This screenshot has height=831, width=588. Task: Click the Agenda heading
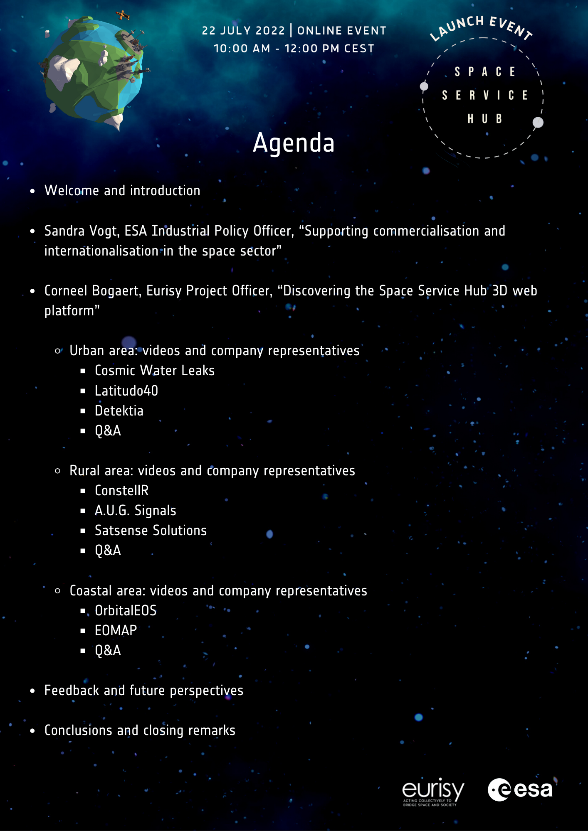pos(294,143)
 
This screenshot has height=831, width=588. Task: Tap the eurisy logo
pos(432,792)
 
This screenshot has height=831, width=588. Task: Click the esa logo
pos(520,789)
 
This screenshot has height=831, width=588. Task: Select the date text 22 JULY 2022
pos(243,31)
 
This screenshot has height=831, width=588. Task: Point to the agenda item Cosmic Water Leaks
pos(155,371)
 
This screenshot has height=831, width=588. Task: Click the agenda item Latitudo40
pos(126,391)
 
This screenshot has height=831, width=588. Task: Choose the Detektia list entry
pos(119,411)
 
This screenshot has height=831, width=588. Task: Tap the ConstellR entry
pos(121,491)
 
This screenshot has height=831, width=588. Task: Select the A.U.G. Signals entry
pos(135,511)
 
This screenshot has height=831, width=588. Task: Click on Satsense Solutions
pos(151,531)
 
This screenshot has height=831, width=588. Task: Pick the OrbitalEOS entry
pos(126,611)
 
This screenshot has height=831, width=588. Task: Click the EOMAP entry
pos(116,631)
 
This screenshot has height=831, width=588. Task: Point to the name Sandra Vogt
pos(82,231)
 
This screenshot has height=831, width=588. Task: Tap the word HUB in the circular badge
pos(485,119)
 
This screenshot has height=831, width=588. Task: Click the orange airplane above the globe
pos(123,15)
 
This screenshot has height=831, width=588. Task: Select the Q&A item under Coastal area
pos(108,651)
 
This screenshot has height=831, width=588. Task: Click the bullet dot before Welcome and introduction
pos(33,191)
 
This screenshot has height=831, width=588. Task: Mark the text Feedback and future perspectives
pos(143,691)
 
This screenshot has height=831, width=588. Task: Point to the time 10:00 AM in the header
pos(242,49)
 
